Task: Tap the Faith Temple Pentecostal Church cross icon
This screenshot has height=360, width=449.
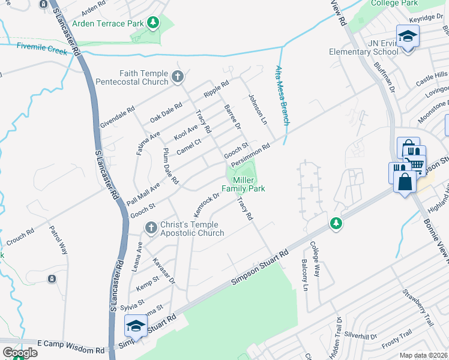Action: [x=177, y=77]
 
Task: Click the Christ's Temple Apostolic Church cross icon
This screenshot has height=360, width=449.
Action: [x=151, y=226]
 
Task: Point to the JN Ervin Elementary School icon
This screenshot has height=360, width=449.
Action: [x=408, y=37]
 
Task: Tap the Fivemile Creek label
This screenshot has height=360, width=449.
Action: [x=42, y=49]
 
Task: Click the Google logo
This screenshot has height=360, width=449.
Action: [x=20, y=353]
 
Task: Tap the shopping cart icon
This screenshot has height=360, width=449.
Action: [x=416, y=162]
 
